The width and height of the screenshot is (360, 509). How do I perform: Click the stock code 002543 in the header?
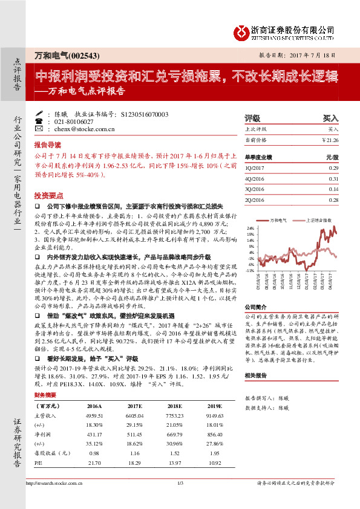[x=80, y=56]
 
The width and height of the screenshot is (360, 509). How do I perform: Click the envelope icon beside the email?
[x=39, y=129]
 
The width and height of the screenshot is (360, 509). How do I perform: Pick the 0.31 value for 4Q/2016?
[x=333, y=180]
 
